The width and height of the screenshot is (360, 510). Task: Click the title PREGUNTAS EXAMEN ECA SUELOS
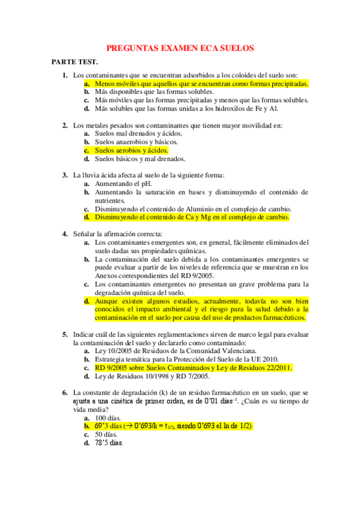point(180,48)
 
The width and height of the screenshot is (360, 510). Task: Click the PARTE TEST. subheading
point(75,62)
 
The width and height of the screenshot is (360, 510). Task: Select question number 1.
point(65,75)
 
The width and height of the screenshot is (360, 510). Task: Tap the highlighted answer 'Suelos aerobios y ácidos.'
point(131,150)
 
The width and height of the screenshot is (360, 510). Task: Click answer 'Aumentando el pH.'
point(123,183)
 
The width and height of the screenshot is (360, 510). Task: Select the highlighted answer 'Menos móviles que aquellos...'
point(201,84)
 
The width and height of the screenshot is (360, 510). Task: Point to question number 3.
point(65,175)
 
